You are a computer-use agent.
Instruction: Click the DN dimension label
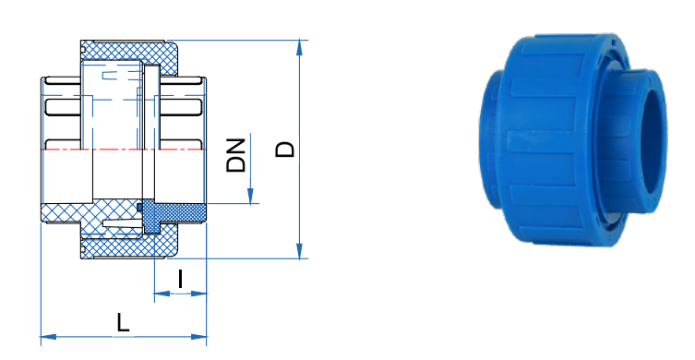(235, 156)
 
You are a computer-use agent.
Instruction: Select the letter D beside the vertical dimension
(285, 150)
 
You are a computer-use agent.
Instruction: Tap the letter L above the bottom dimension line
(123, 322)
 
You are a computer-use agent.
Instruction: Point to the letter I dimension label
(180, 279)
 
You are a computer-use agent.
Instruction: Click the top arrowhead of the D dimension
(300, 47)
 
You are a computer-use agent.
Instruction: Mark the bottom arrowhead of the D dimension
(300, 250)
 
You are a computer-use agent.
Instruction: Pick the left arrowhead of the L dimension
(49, 337)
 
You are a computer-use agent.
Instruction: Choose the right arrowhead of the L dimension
(198, 337)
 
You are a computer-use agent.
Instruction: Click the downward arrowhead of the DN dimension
(250, 196)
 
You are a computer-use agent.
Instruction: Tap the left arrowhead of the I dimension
(162, 293)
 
